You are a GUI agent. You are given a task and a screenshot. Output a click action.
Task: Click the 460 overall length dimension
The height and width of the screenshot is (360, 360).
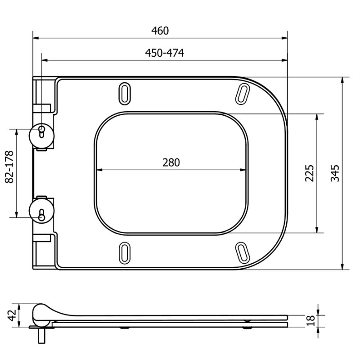(160, 31)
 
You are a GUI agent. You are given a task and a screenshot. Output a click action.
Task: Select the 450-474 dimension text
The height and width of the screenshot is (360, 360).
(164, 53)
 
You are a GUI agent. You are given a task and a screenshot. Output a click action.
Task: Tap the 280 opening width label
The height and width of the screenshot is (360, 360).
(171, 162)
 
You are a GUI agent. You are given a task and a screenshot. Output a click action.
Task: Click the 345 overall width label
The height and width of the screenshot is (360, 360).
(335, 173)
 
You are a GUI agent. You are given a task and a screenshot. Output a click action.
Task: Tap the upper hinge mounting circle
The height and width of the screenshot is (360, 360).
(42, 133)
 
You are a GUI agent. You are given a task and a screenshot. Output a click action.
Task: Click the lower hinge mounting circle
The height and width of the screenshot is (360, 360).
(42, 211)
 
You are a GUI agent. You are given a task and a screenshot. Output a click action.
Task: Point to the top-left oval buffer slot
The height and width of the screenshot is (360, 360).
(124, 92)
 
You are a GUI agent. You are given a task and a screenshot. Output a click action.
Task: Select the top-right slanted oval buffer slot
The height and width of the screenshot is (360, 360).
(243, 92)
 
